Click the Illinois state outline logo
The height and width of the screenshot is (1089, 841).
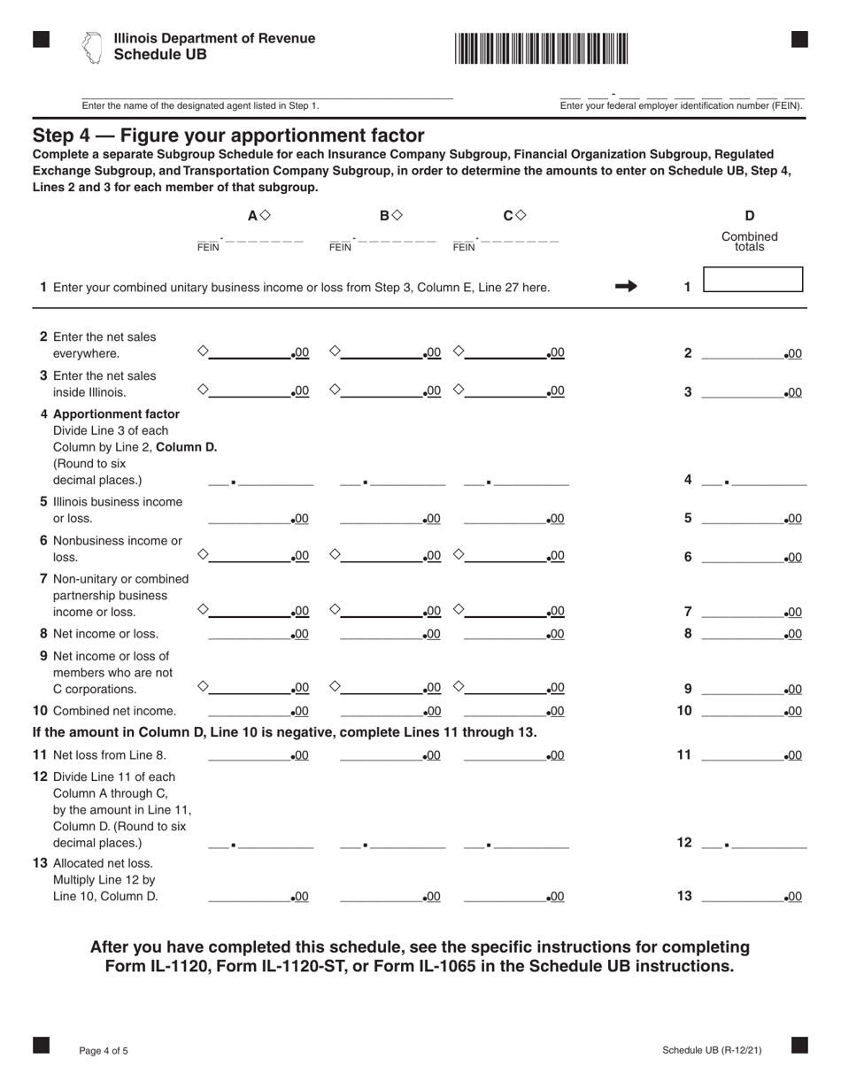point(91,48)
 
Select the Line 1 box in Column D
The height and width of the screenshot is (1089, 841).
point(752,280)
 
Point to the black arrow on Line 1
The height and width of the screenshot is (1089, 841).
point(626,286)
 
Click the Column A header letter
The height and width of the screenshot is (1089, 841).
point(252,215)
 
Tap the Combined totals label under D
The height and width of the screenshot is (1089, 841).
point(749,242)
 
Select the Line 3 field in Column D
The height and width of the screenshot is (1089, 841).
point(742,391)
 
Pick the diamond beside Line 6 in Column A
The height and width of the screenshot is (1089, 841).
point(203,554)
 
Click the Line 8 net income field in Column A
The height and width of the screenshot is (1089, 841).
point(248,633)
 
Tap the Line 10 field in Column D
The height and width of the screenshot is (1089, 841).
point(742,710)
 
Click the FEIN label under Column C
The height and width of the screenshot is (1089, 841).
point(463,248)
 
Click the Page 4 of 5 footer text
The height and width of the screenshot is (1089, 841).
point(104,1051)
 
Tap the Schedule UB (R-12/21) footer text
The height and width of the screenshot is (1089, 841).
point(711,1050)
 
